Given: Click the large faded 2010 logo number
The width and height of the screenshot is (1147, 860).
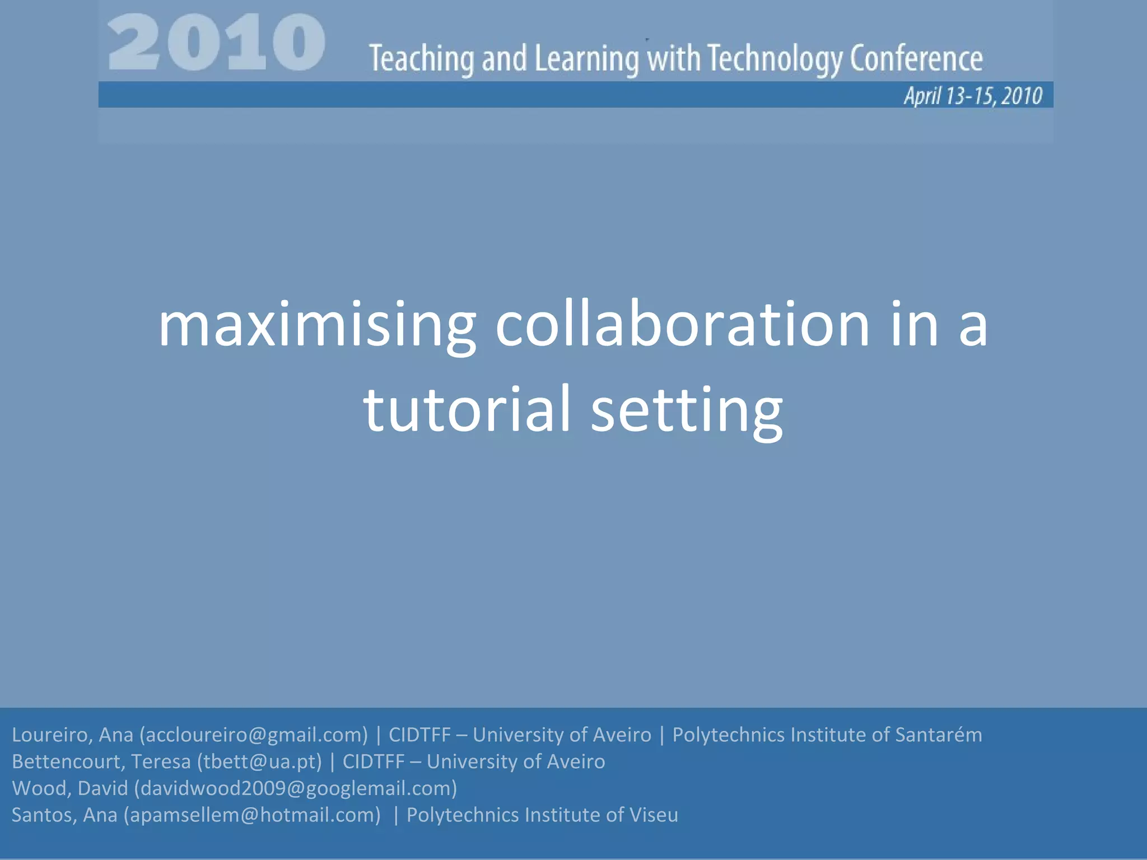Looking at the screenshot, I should coord(216,44).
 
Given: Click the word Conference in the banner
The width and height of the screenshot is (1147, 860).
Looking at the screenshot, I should coord(916,59).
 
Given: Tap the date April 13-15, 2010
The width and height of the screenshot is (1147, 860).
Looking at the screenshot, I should coord(973,96).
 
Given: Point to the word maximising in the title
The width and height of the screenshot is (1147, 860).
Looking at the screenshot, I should coord(317,326).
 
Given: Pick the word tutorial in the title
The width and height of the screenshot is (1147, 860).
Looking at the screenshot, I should coord(467,409).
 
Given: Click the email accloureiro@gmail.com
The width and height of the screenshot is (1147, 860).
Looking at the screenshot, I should coord(254,735).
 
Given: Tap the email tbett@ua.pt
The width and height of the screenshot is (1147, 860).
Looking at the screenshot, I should coord(259,761).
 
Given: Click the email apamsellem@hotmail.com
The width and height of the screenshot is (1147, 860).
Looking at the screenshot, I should coord(252,815).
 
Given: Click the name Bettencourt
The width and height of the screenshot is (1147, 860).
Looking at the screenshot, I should coord(67,761).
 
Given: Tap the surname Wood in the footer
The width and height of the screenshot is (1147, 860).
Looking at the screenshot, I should coord(41,788).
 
